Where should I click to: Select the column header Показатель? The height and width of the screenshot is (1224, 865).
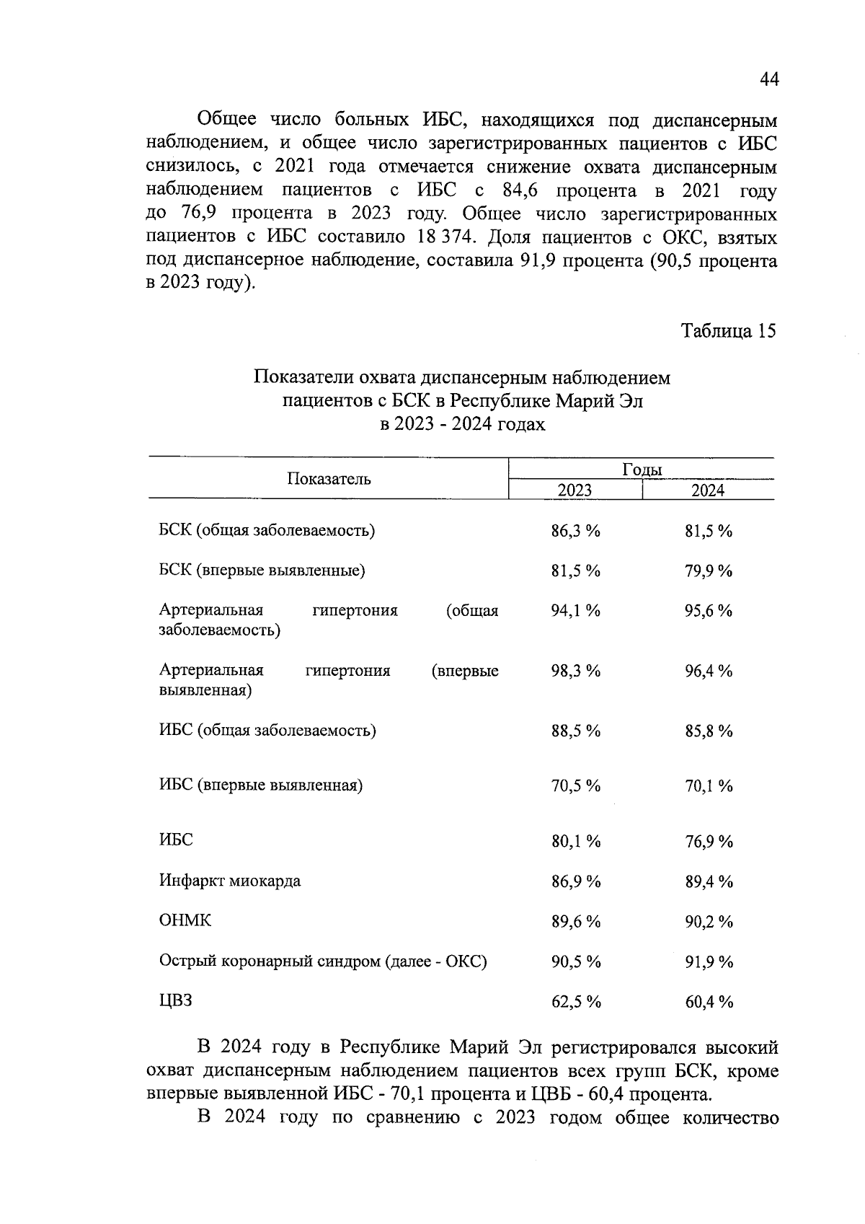[329, 479]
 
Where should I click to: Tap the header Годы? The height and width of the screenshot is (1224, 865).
[642, 470]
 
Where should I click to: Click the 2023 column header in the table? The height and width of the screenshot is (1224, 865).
[575, 490]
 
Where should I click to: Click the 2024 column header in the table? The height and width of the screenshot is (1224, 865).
[708, 490]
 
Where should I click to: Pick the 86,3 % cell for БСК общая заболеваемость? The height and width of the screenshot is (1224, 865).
[575, 532]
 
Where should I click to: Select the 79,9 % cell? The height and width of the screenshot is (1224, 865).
[708, 571]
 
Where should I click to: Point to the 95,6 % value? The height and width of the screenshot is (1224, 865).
[708, 611]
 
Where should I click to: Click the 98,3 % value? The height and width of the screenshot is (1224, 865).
[575, 671]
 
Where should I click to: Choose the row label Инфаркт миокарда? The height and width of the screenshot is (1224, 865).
[230, 881]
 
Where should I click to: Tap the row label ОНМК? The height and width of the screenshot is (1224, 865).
[185, 921]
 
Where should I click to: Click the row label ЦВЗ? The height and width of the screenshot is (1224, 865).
[176, 1001]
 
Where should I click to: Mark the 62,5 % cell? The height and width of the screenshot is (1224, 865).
[575, 1002]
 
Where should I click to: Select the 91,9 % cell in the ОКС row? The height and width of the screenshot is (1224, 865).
[708, 961]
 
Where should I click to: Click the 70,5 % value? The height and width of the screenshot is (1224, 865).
[575, 785]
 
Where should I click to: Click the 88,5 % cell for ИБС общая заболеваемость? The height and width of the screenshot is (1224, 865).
[575, 731]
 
